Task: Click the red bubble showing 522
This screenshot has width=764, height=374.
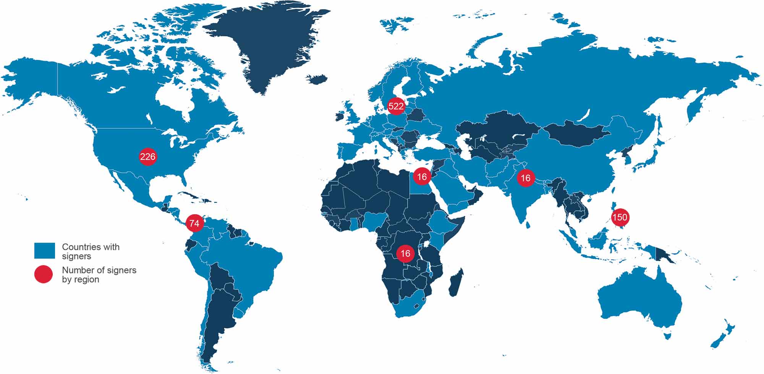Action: tap(396, 106)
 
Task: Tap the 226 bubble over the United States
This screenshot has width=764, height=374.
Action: tap(148, 156)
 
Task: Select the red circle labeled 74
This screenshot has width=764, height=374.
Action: tap(194, 223)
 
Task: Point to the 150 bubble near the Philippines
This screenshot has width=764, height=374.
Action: tap(620, 217)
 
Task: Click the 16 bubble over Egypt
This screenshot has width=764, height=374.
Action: tap(422, 176)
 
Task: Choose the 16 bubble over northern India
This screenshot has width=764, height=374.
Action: tap(526, 178)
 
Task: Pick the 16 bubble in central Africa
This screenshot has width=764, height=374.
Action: tap(405, 253)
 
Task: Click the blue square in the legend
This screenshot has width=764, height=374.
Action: tap(45, 251)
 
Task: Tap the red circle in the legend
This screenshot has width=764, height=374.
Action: tap(44, 274)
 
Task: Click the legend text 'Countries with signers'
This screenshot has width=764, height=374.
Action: tap(91, 251)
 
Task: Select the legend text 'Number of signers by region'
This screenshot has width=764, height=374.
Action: tap(99, 275)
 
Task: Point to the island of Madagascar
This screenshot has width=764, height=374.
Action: tap(456, 283)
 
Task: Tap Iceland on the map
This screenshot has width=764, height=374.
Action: tap(317, 79)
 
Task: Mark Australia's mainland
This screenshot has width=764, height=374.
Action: tap(638, 298)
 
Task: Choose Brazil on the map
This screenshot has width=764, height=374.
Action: tap(244, 264)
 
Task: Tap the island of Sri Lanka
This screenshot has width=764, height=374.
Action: tap(528, 224)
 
